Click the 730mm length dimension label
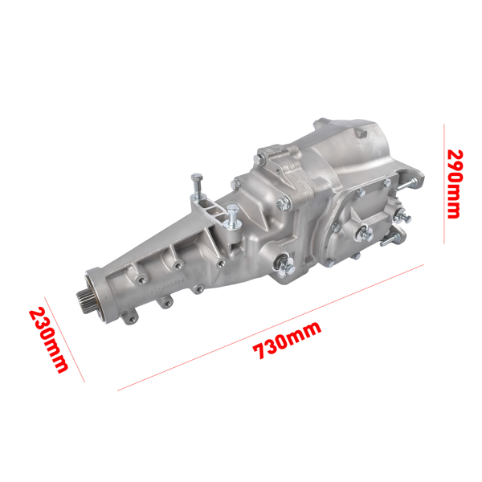point(287,340)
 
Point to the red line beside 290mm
point(443,183)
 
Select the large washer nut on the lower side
point(285,262)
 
